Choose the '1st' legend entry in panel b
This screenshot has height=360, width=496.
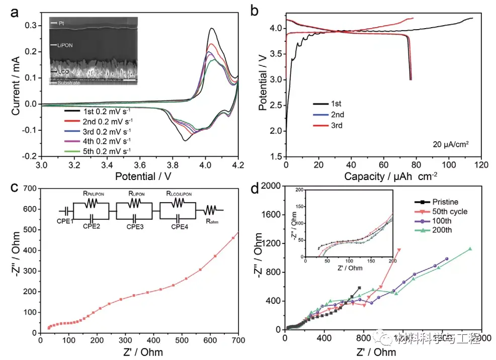(336, 104)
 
